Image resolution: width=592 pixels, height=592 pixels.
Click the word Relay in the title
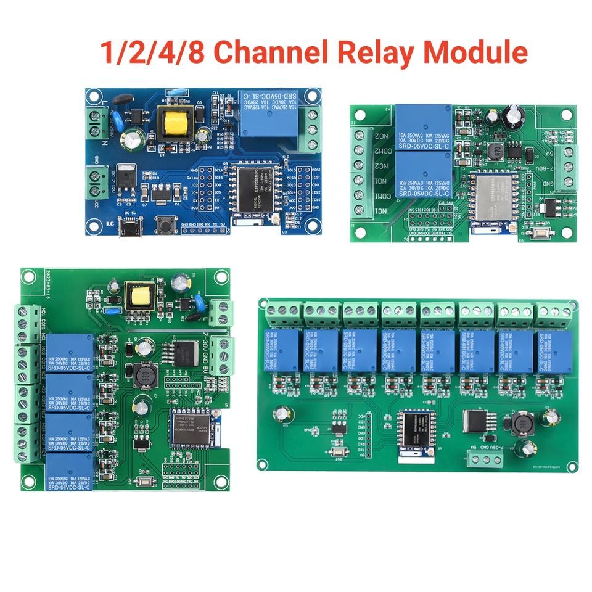click(371, 53)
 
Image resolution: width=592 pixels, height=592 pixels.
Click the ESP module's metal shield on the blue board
click(253, 189)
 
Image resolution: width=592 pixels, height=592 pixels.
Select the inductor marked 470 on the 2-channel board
click(493, 152)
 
